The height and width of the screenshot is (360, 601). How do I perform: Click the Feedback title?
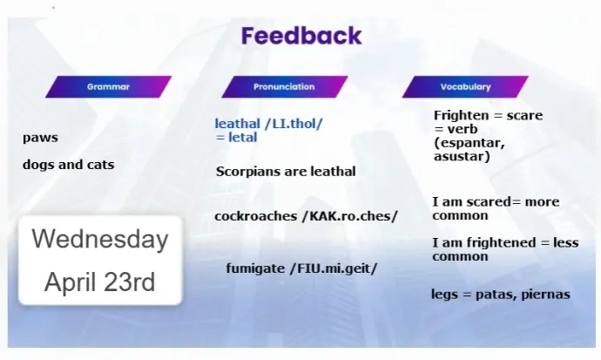pos(301,36)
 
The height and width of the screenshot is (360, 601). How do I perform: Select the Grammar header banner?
pos(109,86)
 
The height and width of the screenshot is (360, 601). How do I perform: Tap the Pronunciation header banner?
pos(284,86)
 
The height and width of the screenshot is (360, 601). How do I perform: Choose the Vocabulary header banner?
pos(465,86)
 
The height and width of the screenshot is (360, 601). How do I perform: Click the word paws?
pos(40,138)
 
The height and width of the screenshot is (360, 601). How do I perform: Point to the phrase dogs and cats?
pos(69,165)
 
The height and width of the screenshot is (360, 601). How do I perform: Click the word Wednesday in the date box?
pos(100,239)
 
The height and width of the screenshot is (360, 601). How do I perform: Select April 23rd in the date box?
pos(99,282)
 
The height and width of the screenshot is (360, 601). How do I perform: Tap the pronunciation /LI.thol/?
pos(294,124)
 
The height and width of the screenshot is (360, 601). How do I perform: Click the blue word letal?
pos(243,137)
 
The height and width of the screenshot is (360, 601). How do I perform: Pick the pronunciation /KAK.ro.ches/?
pos(350,216)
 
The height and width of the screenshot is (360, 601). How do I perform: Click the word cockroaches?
pos(256,216)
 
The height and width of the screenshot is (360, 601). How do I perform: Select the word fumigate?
pos(256,268)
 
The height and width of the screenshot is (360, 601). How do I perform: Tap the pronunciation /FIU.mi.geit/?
pos(334,268)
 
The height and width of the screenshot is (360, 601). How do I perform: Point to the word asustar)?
pos(462,156)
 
